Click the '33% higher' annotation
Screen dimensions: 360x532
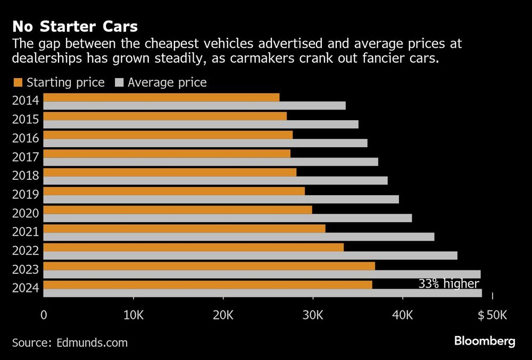pos(448,284)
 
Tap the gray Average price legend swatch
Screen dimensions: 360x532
pos(119,82)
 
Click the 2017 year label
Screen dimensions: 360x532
pos(25,157)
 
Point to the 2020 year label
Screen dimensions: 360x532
pos(25,214)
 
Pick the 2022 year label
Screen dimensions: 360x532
pos(25,252)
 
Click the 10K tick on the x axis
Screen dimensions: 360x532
pos(133,315)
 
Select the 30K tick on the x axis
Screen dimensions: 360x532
pos(313,315)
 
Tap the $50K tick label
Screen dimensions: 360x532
pos(492,315)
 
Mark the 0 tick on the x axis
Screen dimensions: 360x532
pos(44,315)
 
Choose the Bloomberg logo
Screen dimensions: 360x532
pos(484,341)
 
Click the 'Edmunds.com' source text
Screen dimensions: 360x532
pos(92,342)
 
